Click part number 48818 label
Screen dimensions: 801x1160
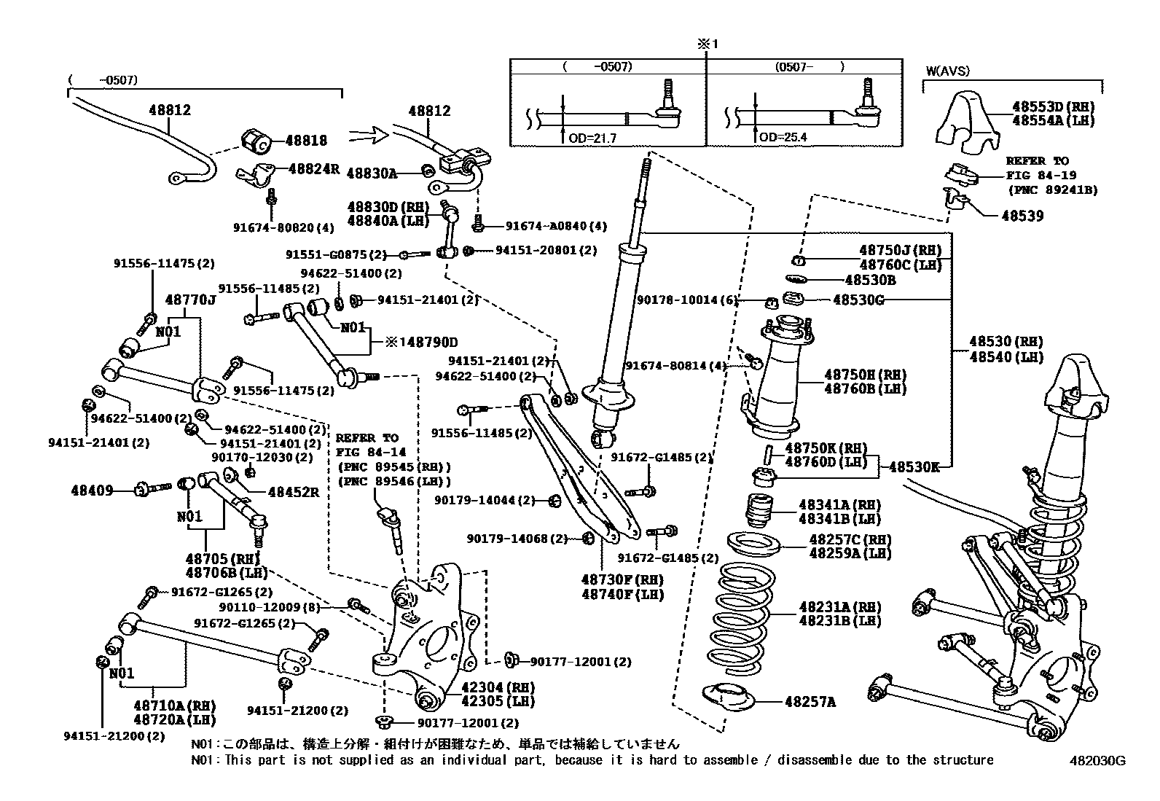[306, 140]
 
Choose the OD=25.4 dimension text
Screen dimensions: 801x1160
[783, 137]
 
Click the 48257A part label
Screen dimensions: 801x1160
[810, 702]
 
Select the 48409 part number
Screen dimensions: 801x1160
[92, 491]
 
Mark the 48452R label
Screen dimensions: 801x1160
[294, 492]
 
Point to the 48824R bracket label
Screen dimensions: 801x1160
[314, 168]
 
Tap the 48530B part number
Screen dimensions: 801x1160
[870, 280]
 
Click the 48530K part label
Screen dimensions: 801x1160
[914, 467]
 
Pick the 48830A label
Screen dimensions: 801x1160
[372, 173]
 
